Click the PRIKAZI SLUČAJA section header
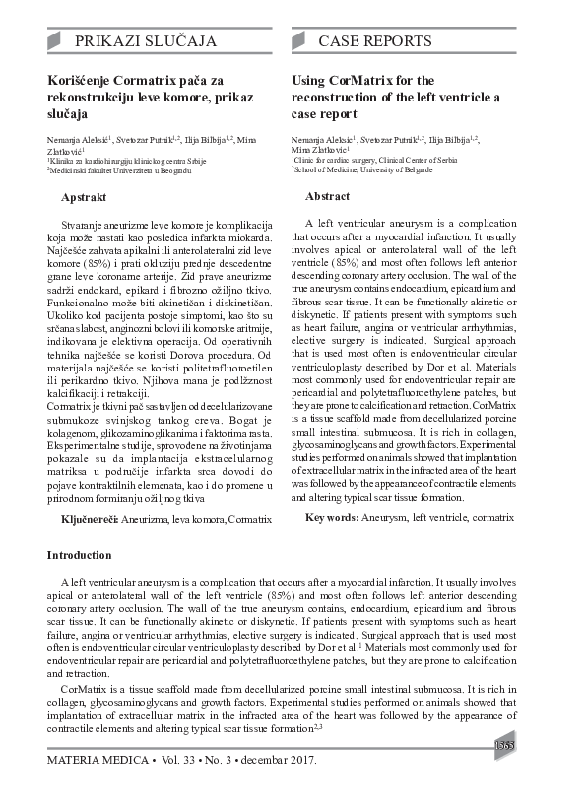pyautogui.click(x=145, y=41)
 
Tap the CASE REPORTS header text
pyautogui.click(x=375, y=41)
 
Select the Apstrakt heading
pyautogui.click(x=84, y=198)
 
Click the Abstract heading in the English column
pyautogui.click(x=328, y=196)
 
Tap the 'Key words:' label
pyautogui.click(x=332, y=516)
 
